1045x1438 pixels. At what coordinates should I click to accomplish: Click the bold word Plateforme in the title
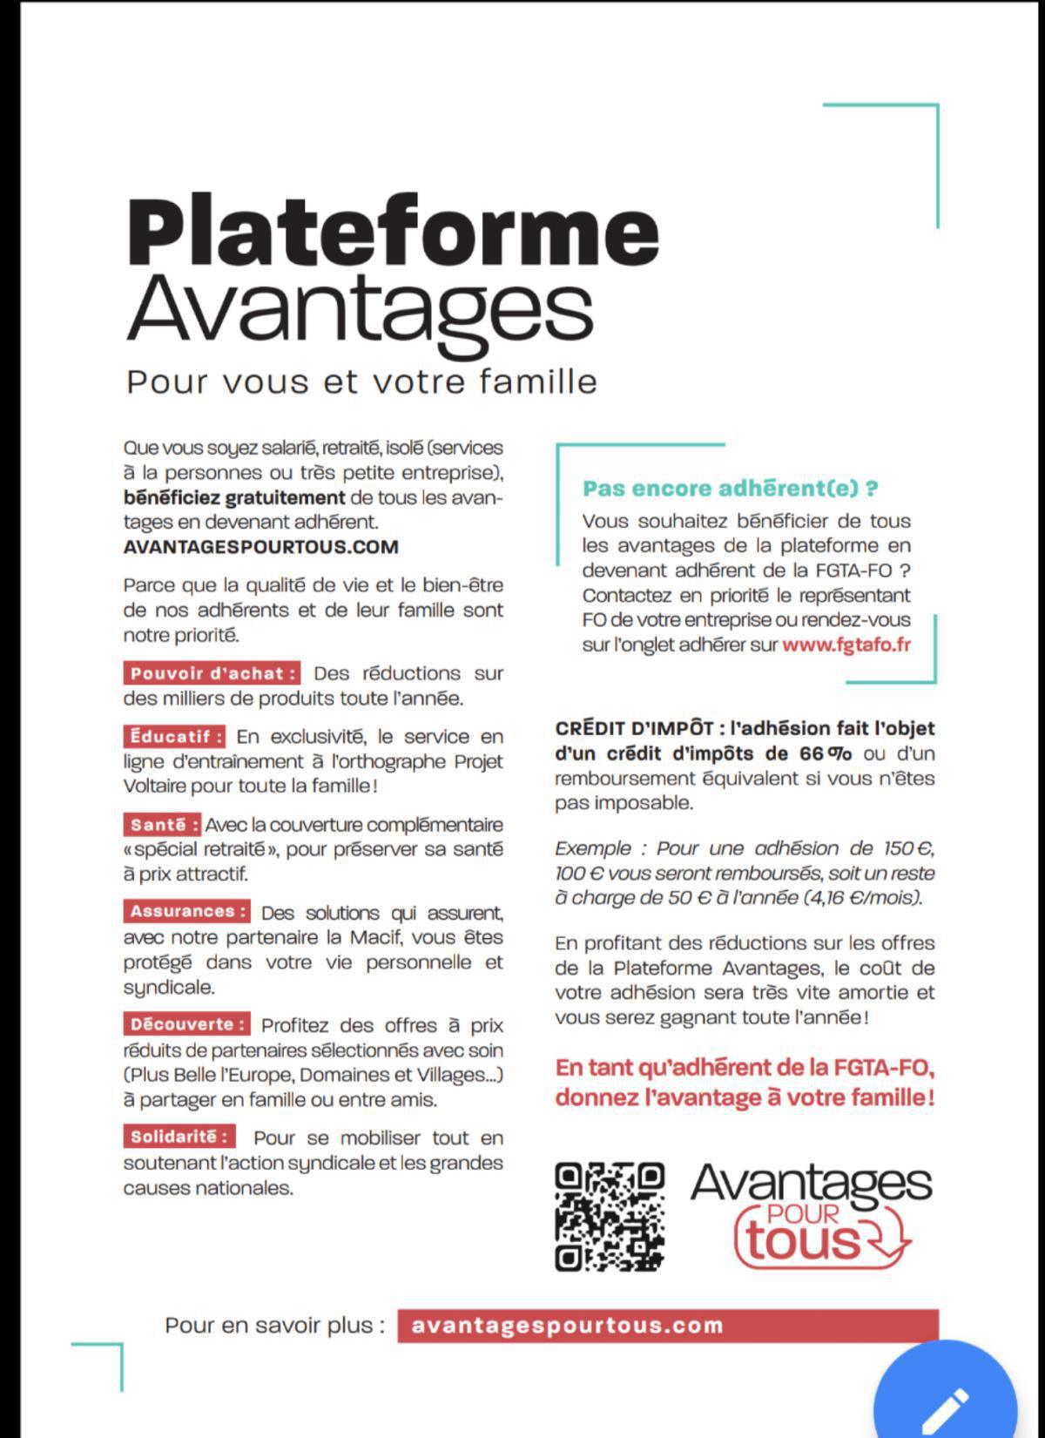tap(392, 231)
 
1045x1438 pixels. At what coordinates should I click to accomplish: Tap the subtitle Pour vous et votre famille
tap(361, 381)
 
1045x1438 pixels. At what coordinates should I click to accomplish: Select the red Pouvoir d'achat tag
tap(212, 673)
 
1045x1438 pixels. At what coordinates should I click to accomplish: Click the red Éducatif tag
tap(174, 736)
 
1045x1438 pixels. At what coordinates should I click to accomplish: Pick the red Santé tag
tap(163, 824)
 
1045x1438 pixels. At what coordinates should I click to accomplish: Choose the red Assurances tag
tap(186, 912)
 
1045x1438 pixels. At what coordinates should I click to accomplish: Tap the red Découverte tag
tap(186, 1024)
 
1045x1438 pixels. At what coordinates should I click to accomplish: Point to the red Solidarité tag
tap(179, 1137)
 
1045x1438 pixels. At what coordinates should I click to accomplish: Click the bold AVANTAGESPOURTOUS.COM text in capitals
tap(261, 547)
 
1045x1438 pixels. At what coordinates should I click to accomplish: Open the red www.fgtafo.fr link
tap(846, 645)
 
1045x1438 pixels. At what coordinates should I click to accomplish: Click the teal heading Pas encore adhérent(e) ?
tap(730, 489)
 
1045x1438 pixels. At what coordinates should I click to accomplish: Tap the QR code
tap(610, 1216)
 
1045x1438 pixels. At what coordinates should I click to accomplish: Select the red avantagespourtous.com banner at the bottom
tap(667, 1326)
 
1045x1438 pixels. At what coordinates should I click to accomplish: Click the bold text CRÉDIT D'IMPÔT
tap(635, 728)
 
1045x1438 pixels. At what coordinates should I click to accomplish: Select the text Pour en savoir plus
tap(274, 1326)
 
